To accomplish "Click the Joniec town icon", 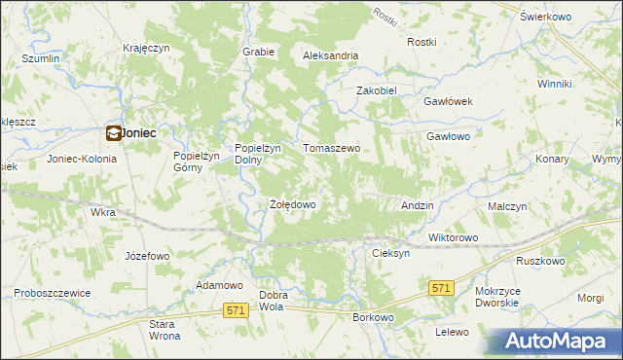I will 113,134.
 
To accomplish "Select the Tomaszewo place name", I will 332,148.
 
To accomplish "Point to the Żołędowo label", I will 292,205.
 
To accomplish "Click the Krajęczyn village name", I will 147,48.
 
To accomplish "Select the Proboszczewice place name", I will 53,293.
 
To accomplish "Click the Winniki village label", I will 554,85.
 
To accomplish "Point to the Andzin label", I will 417,206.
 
